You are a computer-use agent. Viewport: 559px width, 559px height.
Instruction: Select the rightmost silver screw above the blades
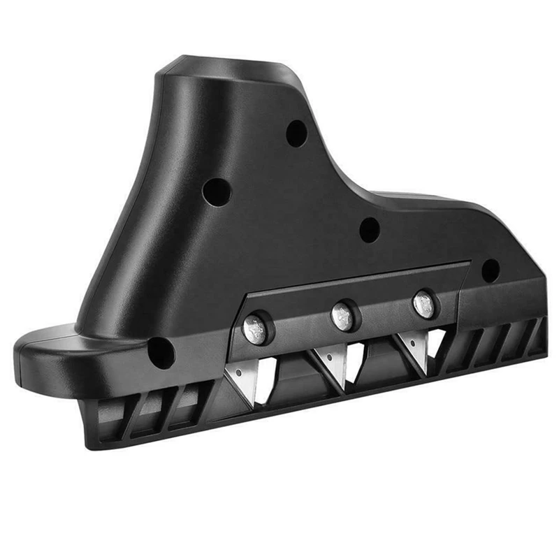pos(424,304)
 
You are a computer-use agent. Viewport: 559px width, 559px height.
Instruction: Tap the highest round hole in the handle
pos(296,133)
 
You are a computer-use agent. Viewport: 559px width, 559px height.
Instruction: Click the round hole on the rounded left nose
pos(161,352)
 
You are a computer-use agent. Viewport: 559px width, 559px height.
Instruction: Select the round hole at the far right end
pos(491,270)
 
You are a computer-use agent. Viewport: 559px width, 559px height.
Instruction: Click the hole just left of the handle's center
pos(217,190)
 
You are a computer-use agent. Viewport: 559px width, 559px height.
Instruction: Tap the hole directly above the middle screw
pos(369,229)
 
